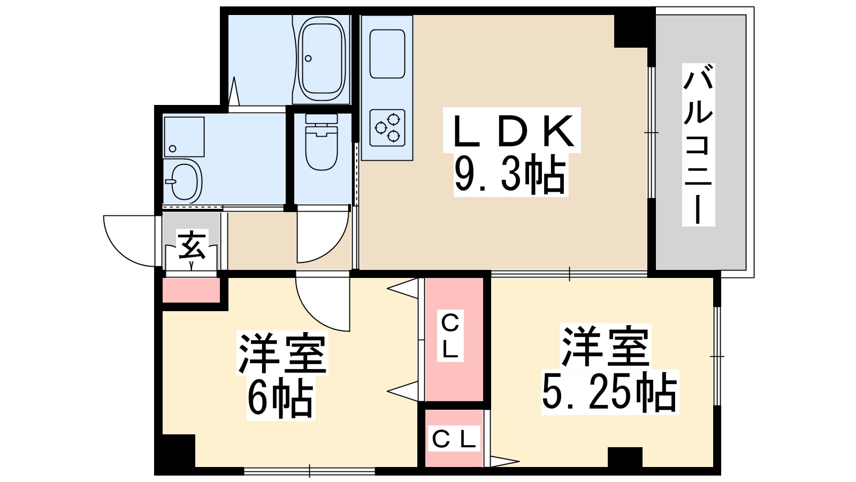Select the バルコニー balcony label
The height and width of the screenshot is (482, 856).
click(698, 145)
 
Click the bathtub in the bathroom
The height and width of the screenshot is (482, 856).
click(322, 59)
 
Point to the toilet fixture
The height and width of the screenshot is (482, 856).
click(322, 142)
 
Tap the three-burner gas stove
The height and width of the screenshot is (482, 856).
click(387, 128)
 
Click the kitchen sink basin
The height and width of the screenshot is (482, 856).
click(387, 54)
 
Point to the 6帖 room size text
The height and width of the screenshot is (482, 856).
click(281, 398)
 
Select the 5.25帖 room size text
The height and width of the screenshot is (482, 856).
click(610, 392)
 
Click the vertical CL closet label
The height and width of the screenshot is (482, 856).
click(450, 335)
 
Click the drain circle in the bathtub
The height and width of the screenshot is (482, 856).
click(308, 58)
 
